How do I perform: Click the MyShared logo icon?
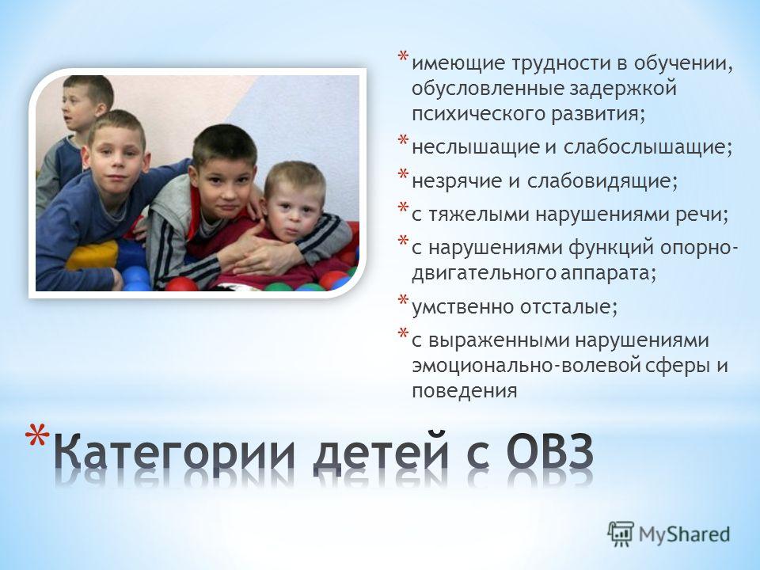[621, 534]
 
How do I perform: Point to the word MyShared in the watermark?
[684, 534]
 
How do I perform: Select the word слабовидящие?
[602, 180]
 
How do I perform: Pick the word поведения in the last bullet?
[465, 390]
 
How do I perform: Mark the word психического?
[478, 114]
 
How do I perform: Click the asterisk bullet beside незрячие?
[403, 174]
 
